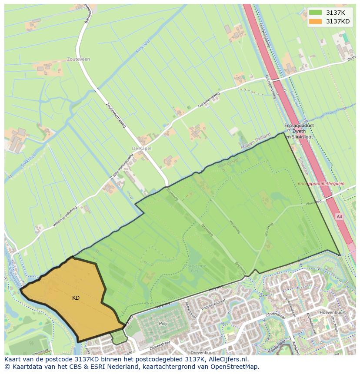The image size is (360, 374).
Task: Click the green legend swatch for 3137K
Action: coord(316,13)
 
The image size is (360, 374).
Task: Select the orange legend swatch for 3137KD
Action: coord(316,21)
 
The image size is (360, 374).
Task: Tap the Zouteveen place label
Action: coord(78,60)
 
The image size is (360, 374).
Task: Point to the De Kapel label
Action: coord(141,149)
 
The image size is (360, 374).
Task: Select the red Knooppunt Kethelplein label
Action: coord(321,184)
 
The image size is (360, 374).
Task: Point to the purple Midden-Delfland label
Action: coord(256,142)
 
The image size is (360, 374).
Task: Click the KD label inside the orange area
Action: coord(76,298)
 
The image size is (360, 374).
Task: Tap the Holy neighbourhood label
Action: coord(163,324)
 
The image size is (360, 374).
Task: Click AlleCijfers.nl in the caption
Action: coord(226,360)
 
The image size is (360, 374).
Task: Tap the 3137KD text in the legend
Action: coord(338,21)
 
